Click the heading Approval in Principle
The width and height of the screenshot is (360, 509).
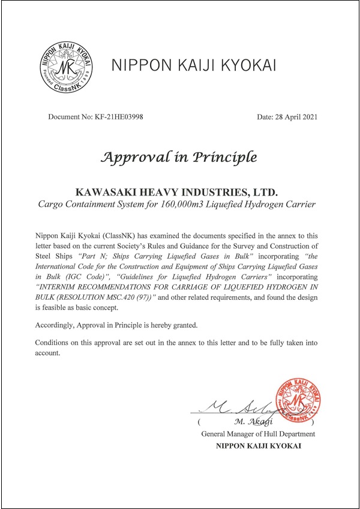[x=179, y=158]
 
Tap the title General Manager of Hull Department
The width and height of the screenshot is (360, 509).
[x=259, y=433]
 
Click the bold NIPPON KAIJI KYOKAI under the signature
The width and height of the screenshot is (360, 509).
[x=259, y=445]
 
